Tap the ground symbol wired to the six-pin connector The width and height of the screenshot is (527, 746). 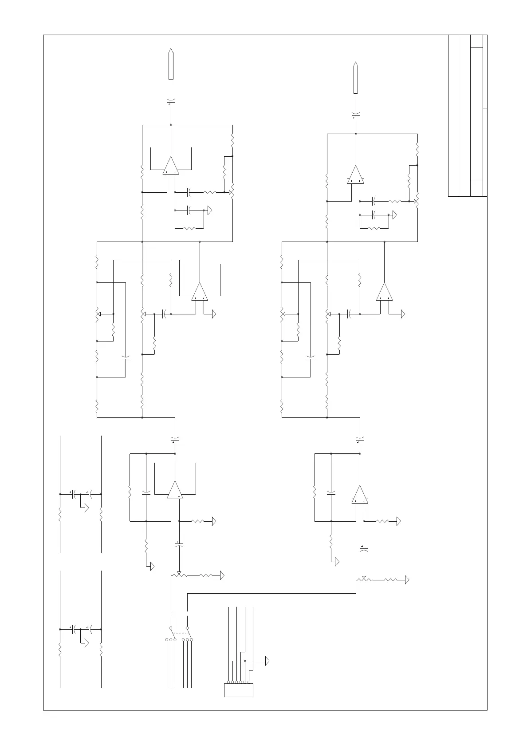point(267,661)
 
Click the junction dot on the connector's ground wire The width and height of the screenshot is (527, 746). point(244,661)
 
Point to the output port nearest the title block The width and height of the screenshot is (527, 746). point(355,78)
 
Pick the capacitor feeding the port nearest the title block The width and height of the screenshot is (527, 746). point(355,115)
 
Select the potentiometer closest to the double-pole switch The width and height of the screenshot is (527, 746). point(179,575)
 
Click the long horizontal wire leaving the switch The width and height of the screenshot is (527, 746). point(271,593)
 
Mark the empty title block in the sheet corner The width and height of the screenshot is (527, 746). point(468,115)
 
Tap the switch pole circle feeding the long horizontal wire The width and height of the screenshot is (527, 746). point(187,628)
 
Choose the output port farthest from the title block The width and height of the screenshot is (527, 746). point(171,65)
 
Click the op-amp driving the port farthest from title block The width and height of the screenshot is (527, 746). point(171,166)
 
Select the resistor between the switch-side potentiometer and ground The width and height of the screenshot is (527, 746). point(206,575)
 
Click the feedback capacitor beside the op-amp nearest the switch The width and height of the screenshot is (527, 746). point(146,493)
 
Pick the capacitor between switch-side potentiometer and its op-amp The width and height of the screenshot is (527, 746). point(179,544)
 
